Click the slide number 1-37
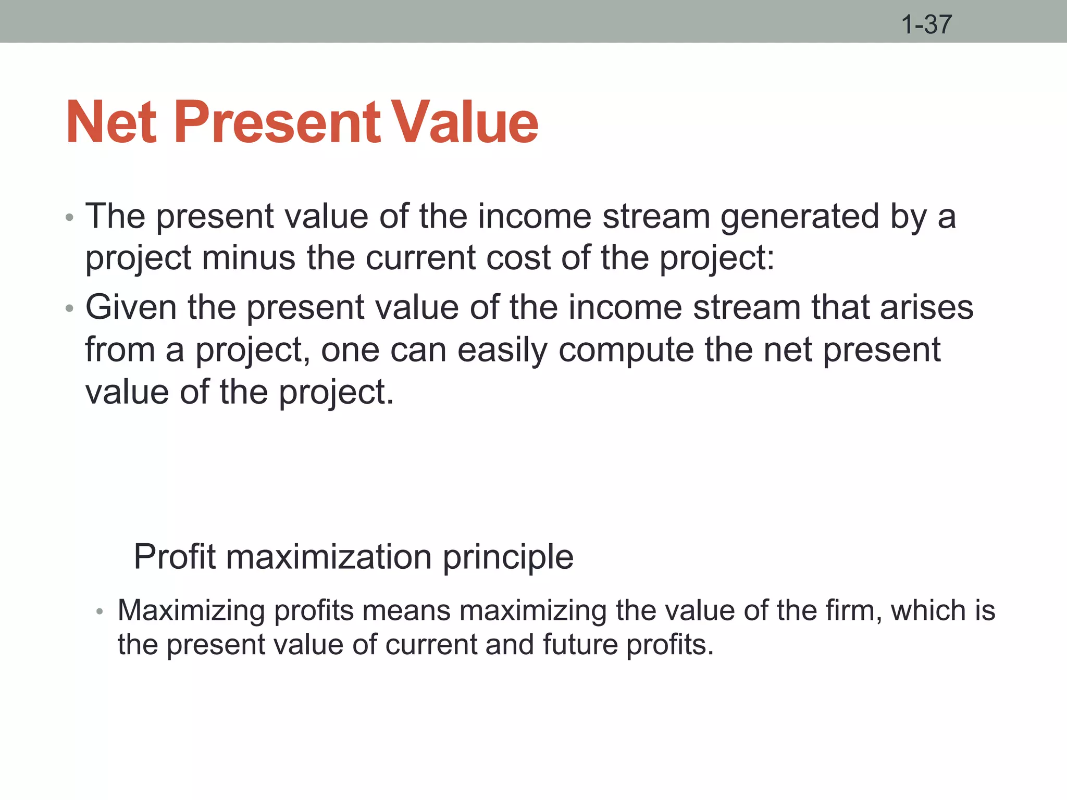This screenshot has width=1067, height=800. click(926, 24)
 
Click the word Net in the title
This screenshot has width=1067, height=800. click(111, 123)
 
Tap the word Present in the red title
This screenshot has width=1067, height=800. click(277, 123)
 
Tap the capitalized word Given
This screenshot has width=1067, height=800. click(131, 307)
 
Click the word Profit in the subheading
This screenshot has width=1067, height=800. click(175, 557)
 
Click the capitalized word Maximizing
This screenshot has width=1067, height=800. click(191, 611)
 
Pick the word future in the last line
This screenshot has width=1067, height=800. click(579, 645)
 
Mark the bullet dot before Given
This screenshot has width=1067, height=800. click(70, 309)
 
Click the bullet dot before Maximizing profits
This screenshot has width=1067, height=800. click(100, 612)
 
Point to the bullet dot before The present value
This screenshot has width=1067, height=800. click(70, 218)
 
